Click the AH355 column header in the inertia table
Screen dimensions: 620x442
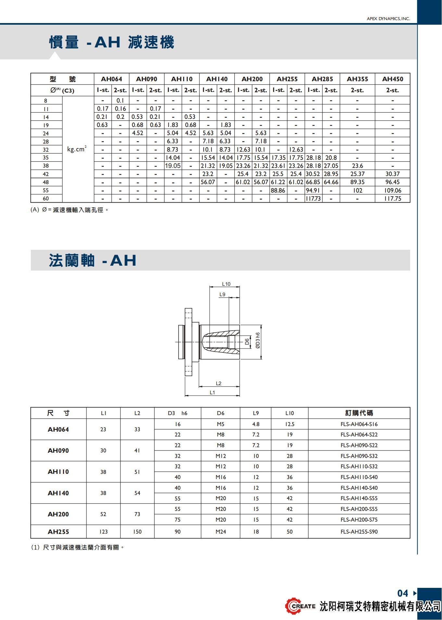pyautogui.click(x=357, y=79)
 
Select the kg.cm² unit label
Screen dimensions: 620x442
pyautogui.click(x=77, y=149)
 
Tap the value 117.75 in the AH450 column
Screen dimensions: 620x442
pyautogui.click(x=392, y=198)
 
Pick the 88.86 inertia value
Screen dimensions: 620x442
pyautogui.click(x=278, y=190)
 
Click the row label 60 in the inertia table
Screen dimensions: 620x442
pyautogui.click(x=46, y=198)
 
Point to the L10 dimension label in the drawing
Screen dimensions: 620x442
pyautogui.click(x=226, y=284)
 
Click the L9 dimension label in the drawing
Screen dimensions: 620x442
pyautogui.click(x=222, y=294)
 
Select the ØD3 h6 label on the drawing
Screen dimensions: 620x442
pyautogui.click(x=258, y=340)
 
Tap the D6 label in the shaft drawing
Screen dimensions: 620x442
pyautogui.click(x=247, y=342)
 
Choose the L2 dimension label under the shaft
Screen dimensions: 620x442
pyautogui.click(x=219, y=383)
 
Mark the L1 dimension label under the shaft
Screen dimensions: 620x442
pyautogui.click(x=212, y=392)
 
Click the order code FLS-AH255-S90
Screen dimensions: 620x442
pyautogui.click(x=359, y=532)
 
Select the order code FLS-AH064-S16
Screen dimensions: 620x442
pyautogui.click(x=359, y=424)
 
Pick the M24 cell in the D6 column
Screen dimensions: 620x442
pyautogui.click(x=221, y=532)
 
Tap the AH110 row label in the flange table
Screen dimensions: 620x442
pyautogui.click(x=58, y=472)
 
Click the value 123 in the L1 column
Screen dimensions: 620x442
pyautogui.click(x=103, y=532)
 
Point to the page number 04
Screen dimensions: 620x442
pyautogui.click(x=403, y=593)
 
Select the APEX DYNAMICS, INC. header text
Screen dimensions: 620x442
pyautogui.click(x=388, y=19)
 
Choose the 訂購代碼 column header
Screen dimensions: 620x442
pyautogui.click(x=359, y=413)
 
